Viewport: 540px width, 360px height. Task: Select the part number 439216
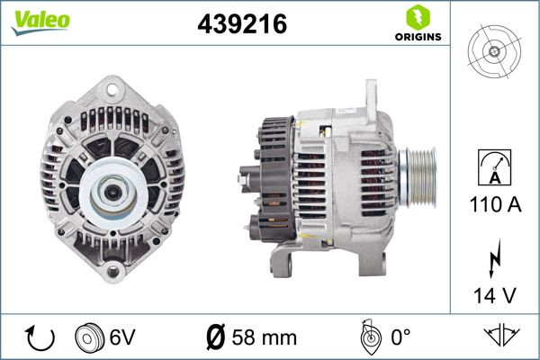241,26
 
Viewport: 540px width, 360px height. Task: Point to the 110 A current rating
495,205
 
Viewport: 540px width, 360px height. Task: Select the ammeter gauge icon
495,166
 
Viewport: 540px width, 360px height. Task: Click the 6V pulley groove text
122,338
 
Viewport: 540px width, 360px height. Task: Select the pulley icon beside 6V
89,338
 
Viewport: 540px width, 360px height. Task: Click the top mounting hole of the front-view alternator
112,88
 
